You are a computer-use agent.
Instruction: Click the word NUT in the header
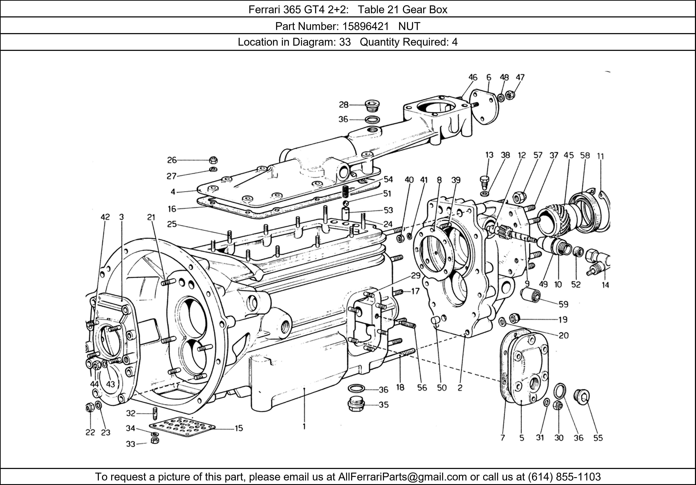tap(409, 26)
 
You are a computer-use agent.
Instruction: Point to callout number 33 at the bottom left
tap(131, 444)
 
